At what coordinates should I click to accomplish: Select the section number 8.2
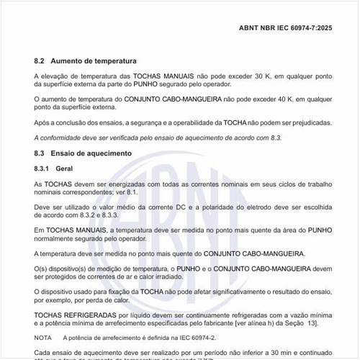coord(40,61)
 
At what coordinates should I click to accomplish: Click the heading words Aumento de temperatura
coord(94,61)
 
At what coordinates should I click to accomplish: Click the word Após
coord(42,122)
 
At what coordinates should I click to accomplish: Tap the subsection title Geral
coord(65,168)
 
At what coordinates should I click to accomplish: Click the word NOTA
coord(42,337)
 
